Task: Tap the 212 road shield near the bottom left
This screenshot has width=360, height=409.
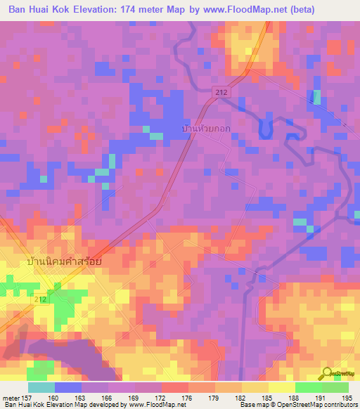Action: click(41, 299)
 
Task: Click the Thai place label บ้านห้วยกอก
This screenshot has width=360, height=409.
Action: click(205, 130)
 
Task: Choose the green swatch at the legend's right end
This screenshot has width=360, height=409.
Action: click(335, 387)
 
